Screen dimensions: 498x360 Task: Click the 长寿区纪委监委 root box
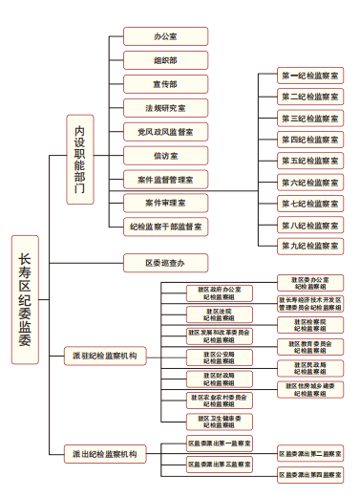click(25, 299)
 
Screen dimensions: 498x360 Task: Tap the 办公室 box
click(165, 36)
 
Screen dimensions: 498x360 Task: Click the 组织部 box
click(165, 60)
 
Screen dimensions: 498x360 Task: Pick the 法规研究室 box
click(165, 108)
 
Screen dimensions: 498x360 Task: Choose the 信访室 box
click(165, 155)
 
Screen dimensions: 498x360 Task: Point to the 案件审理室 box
click(165, 203)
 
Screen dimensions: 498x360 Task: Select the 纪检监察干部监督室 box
click(165, 227)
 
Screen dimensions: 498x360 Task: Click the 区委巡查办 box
click(165, 262)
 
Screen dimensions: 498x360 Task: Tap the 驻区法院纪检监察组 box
click(220, 314)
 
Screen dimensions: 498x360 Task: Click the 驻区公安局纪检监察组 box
click(220, 357)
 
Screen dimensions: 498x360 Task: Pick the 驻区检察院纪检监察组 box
click(309, 324)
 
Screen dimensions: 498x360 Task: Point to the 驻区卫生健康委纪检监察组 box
click(220, 421)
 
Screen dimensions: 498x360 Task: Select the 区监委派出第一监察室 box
click(220, 444)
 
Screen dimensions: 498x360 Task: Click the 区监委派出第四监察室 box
click(309, 475)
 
